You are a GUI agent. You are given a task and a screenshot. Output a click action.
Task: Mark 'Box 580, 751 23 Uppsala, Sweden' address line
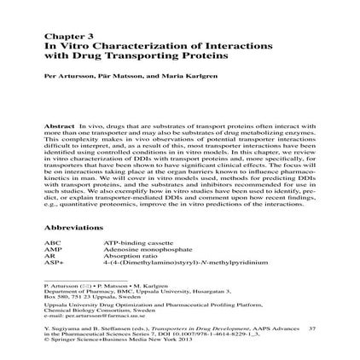pos(84,295)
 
